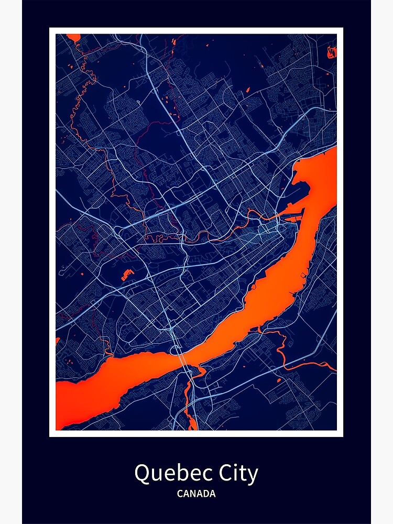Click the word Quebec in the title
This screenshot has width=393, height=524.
167,474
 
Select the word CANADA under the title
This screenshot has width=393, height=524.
196,494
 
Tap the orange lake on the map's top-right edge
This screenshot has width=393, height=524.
332,51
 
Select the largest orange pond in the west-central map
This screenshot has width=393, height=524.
127,274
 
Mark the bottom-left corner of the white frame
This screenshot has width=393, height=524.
51,435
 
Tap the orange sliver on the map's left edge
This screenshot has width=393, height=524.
57,341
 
